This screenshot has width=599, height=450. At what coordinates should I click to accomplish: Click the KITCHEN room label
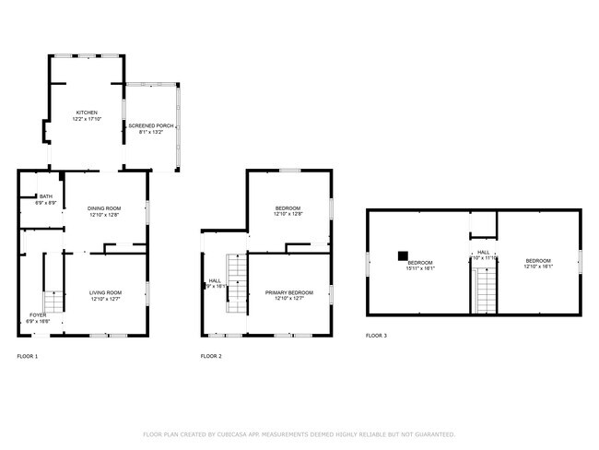click(87, 112)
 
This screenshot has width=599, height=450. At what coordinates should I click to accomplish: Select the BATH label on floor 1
click(45, 195)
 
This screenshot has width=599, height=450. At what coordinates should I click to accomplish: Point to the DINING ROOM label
click(104, 208)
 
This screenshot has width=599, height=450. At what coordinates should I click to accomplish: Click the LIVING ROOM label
click(106, 292)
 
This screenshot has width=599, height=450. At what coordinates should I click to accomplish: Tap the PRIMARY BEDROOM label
click(288, 292)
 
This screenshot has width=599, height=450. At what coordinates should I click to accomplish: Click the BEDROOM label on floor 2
click(288, 208)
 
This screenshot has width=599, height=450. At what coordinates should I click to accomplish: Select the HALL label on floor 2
click(215, 280)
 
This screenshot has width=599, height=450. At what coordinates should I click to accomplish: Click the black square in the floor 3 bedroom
click(403, 255)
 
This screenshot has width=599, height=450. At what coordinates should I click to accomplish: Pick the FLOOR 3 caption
click(376, 336)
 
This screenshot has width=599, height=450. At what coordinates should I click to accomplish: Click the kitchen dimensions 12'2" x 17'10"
click(87, 119)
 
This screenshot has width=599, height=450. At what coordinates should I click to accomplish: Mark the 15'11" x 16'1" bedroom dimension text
click(420, 267)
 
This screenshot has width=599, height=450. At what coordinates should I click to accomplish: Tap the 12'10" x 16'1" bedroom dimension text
click(537, 267)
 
